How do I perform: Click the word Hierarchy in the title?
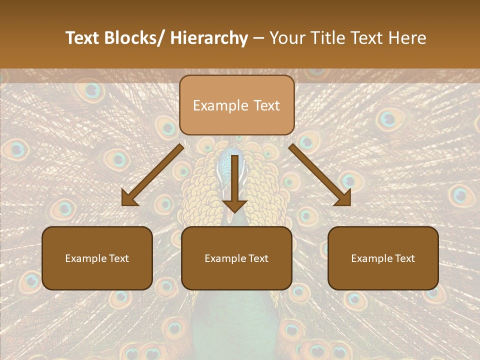[209, 38]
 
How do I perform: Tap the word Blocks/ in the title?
[134, 38]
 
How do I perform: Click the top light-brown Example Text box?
[236, 105]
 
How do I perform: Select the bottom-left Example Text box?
[97, 258]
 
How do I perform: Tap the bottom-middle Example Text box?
[236, 258]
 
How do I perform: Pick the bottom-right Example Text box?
[383, 258]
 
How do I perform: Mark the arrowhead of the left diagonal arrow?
[129, 199]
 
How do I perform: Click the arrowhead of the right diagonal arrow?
[343, 199]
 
